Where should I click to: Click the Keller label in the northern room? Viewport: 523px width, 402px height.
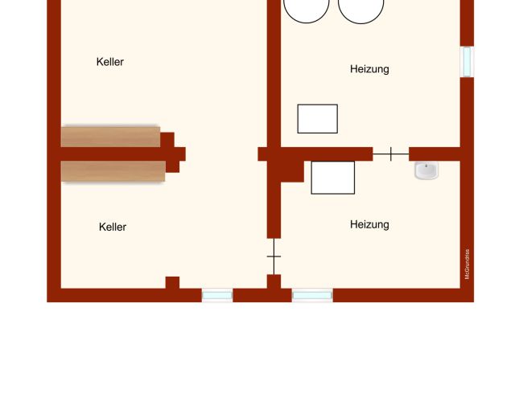pos(110,62)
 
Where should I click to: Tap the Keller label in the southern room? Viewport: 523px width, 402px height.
pos(113,227)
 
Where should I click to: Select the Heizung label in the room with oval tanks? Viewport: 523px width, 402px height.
pos(369,69)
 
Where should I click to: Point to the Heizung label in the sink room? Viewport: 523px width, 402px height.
pos(369,224)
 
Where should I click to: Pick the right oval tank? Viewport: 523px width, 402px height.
pos(361,11)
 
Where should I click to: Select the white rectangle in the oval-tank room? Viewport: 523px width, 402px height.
pos(318,119)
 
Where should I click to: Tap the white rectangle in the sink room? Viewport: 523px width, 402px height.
pos(333,178)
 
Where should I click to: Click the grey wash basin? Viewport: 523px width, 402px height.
pos(426,170)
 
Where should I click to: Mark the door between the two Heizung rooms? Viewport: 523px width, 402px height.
pos(391,154)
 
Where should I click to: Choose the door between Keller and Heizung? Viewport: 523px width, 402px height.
pos(274,256)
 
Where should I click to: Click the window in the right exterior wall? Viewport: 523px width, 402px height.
pos(467,62)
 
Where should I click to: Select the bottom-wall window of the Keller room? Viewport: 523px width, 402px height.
pos(217,295)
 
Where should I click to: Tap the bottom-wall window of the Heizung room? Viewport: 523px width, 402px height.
pos(312,295)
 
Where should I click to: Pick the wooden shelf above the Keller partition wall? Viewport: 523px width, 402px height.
pos(110,137)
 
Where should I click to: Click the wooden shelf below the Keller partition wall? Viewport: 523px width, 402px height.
pos(113,171)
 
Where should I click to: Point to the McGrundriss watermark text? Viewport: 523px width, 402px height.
pos(467,264)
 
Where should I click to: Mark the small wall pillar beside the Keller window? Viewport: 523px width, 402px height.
pos(172,283)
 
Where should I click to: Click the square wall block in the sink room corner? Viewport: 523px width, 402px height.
pos(293,171)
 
